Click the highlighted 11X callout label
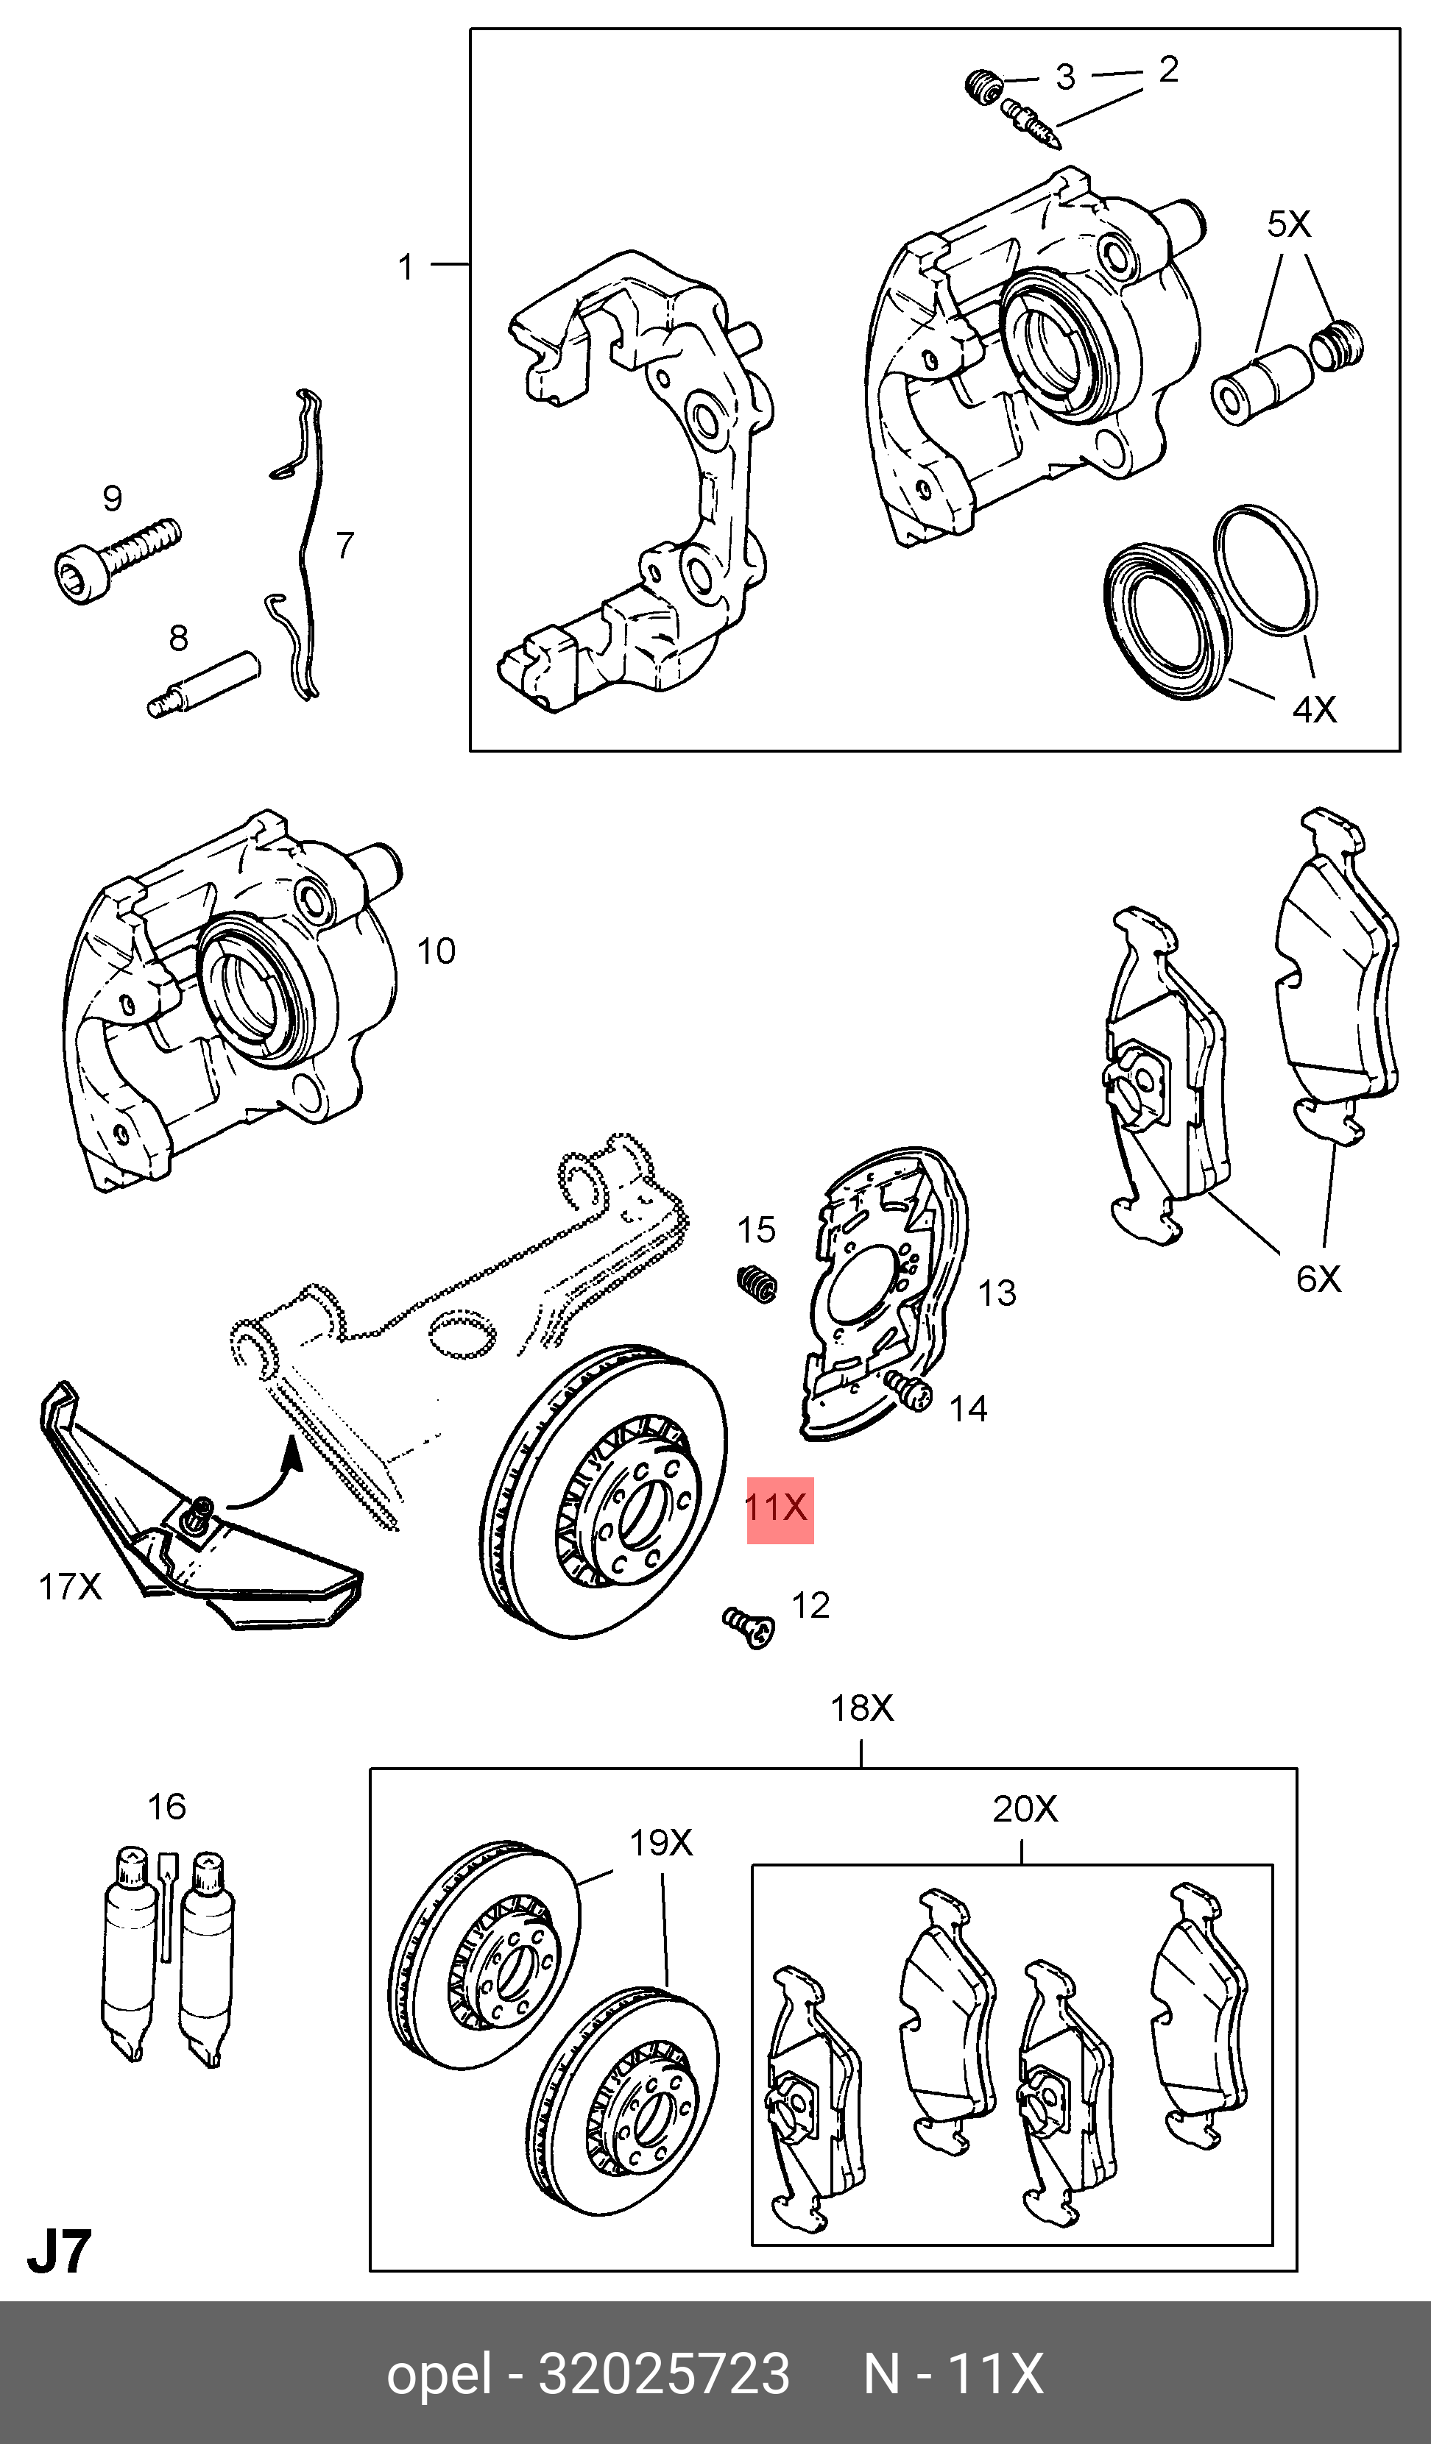[779, 1510]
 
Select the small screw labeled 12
[749, 1625]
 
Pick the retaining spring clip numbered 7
[303, 543]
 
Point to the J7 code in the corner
[58, 2253]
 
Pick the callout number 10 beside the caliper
[436, 951]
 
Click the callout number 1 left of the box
[406, 267]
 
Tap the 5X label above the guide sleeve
[1288, 225]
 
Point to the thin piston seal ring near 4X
[1264, 569]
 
